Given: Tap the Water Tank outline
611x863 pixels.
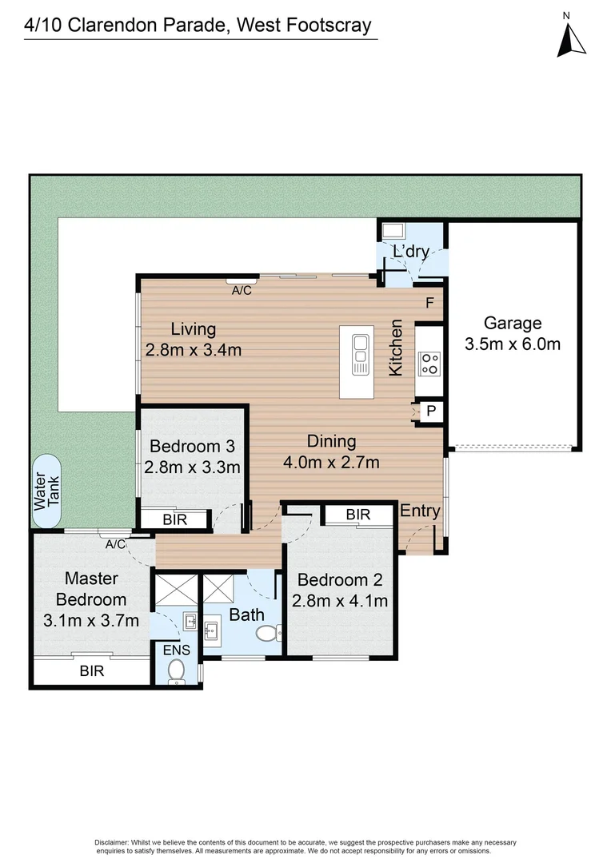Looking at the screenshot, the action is [33, 491].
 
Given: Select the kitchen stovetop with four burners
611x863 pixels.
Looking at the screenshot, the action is [429, 364].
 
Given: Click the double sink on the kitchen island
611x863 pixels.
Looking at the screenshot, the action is [361, 355].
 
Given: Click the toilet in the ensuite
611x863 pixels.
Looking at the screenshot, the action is [176, 671].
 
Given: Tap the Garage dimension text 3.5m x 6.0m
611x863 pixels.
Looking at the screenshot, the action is [513, 344].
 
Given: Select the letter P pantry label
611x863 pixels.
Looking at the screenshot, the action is [431, 411].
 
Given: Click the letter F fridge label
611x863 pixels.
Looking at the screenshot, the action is [429, 302].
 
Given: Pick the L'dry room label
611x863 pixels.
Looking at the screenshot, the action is [411, 252].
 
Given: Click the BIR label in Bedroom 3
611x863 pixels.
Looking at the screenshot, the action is [174, 519].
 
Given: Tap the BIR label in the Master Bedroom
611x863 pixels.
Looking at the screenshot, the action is [91, 671].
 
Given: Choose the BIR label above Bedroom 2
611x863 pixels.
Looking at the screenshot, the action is [358, 515].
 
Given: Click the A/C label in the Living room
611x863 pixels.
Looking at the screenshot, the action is [242, 290].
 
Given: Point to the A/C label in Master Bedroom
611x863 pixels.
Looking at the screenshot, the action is [116, 544].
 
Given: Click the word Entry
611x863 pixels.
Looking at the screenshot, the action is [420, 511].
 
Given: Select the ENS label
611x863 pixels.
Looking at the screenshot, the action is [176, 650].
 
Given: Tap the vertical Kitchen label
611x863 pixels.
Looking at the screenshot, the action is [396, 348].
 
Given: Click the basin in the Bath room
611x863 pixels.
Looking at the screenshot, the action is [211, 629].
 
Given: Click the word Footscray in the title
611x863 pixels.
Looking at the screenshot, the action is [322, 26].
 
